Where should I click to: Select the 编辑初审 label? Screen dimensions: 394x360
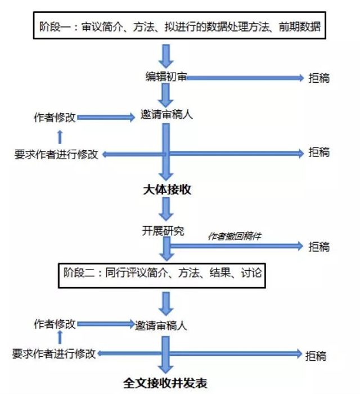tap(165, 78)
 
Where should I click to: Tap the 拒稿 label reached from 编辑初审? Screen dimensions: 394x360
tap(318, 78)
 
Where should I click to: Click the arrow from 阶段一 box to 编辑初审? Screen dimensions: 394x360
tap(164, 55)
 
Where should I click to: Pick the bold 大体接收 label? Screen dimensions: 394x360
tap(167, 190)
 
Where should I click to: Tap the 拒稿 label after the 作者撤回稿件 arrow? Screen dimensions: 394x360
tap(318, 247)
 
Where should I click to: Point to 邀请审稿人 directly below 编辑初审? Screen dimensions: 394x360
tap(167, 116)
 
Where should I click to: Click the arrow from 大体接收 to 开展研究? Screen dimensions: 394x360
tap(165, 209)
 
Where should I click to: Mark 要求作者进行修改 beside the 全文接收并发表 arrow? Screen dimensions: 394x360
tap(55, 353)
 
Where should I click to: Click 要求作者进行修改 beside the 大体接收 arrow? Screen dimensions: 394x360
tap(56, 154)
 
